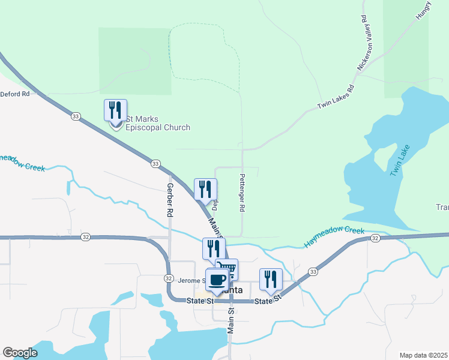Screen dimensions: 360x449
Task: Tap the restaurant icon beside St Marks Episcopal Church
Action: [115, 110]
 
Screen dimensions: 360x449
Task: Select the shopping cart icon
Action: [227, 269]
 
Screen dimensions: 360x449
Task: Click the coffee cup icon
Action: [217, 280]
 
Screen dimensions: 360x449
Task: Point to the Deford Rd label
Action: [15, 94]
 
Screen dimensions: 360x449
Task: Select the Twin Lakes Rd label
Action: [336, 97]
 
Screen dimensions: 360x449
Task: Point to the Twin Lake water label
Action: [400, 160]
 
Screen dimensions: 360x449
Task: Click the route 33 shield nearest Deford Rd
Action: [75, 116]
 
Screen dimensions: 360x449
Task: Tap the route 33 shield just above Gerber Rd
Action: [155, 164]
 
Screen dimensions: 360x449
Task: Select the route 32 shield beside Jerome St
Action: [169, 278]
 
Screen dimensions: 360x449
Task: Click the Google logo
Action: [20, 353]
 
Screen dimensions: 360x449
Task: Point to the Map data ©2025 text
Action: [423, 355]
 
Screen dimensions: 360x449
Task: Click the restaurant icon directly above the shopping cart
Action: [214, 248]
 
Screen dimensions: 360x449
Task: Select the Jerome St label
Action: [191, 280]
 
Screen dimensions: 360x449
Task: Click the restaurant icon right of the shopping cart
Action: [271, 279]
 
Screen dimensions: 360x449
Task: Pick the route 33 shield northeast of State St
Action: [313, 272]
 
